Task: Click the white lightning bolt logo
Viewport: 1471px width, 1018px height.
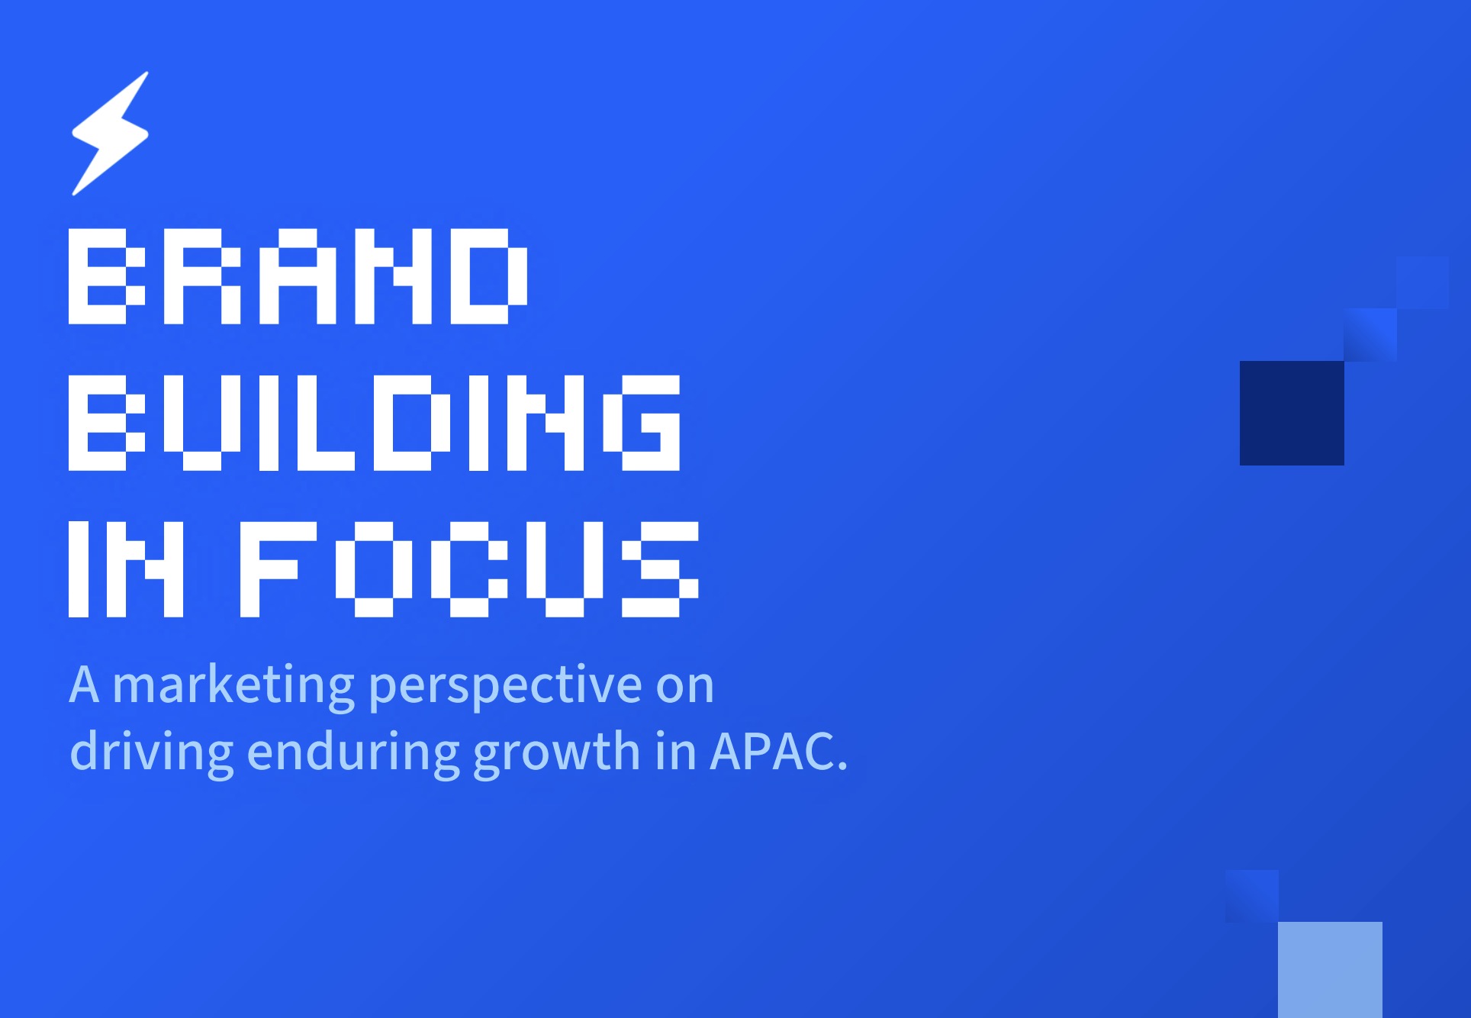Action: pyautogui.click(x=110, y=134)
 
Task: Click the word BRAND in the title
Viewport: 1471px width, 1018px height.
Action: pyautogui.click(x=298, y=276)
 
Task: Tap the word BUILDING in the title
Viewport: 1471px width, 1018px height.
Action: pyautogui.click(x=375, y=423)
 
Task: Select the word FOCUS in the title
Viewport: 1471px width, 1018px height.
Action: pyautogui.click(x=470, y=569)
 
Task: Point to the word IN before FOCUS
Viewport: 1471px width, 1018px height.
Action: pyautogui.click(x=126, y=569)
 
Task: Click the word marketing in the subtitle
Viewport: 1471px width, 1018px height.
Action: pyautogui.click(x=233, y=685)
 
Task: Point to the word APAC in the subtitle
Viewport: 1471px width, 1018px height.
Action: pyautogui.click(x=772, y=752)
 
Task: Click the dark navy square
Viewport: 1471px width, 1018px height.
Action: pyautogui.click(x=1292, y=413)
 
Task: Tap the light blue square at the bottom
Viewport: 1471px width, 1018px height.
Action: pyautogui.click(x=1330, y=970)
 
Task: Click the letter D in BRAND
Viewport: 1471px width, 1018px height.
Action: pyautogui.click(x=489, y=276)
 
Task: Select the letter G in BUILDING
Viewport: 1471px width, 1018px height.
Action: pyautogui.click(x=642, y=423)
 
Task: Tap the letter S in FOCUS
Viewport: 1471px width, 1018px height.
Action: pyautogui.click(x=661, y=569)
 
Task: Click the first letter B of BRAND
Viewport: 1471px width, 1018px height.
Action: pyautogui.click(x=107, y=276)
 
